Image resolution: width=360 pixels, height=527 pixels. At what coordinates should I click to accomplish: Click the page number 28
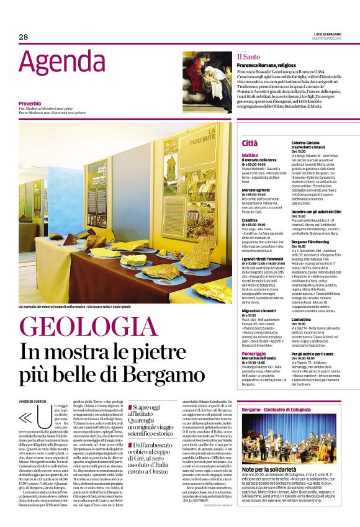click(24, 37)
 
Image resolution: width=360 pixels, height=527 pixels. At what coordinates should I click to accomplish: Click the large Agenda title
click(61, 63)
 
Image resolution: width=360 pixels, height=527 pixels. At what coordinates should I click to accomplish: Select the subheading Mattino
click(250, 155)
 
